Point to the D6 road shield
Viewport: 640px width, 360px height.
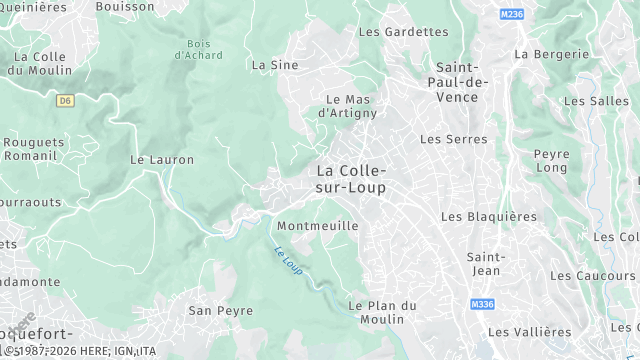pyautogui.click(x=66, y=100)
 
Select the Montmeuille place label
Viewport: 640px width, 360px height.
pyautogui.click(x=317, y=226)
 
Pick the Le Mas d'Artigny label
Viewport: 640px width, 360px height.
pyautogui.click(x=348, y=106)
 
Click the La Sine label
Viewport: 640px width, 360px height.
pyautogui.click(x=275, y=65)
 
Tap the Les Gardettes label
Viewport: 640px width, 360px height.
pyautogui.click(x=403, y=32)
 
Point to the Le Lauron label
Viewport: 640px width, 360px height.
pyautogui.click(x=162, y=160)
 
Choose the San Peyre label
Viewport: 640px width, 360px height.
pyautogui.click(x=221, y=311)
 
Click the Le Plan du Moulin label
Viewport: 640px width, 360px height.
pyautogui.click(x=376, y=312)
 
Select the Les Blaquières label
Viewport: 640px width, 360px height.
pyautogui.click(x=488, y=217)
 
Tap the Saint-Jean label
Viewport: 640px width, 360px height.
pyautogui.click(x=484, y=263)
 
